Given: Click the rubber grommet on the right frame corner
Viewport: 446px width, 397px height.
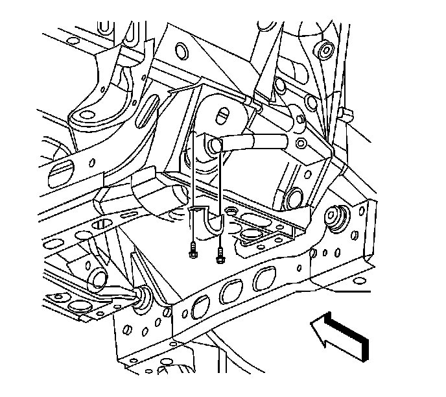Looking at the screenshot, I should point(336,216).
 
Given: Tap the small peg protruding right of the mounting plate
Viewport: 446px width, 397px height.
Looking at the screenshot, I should point(347,115).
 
